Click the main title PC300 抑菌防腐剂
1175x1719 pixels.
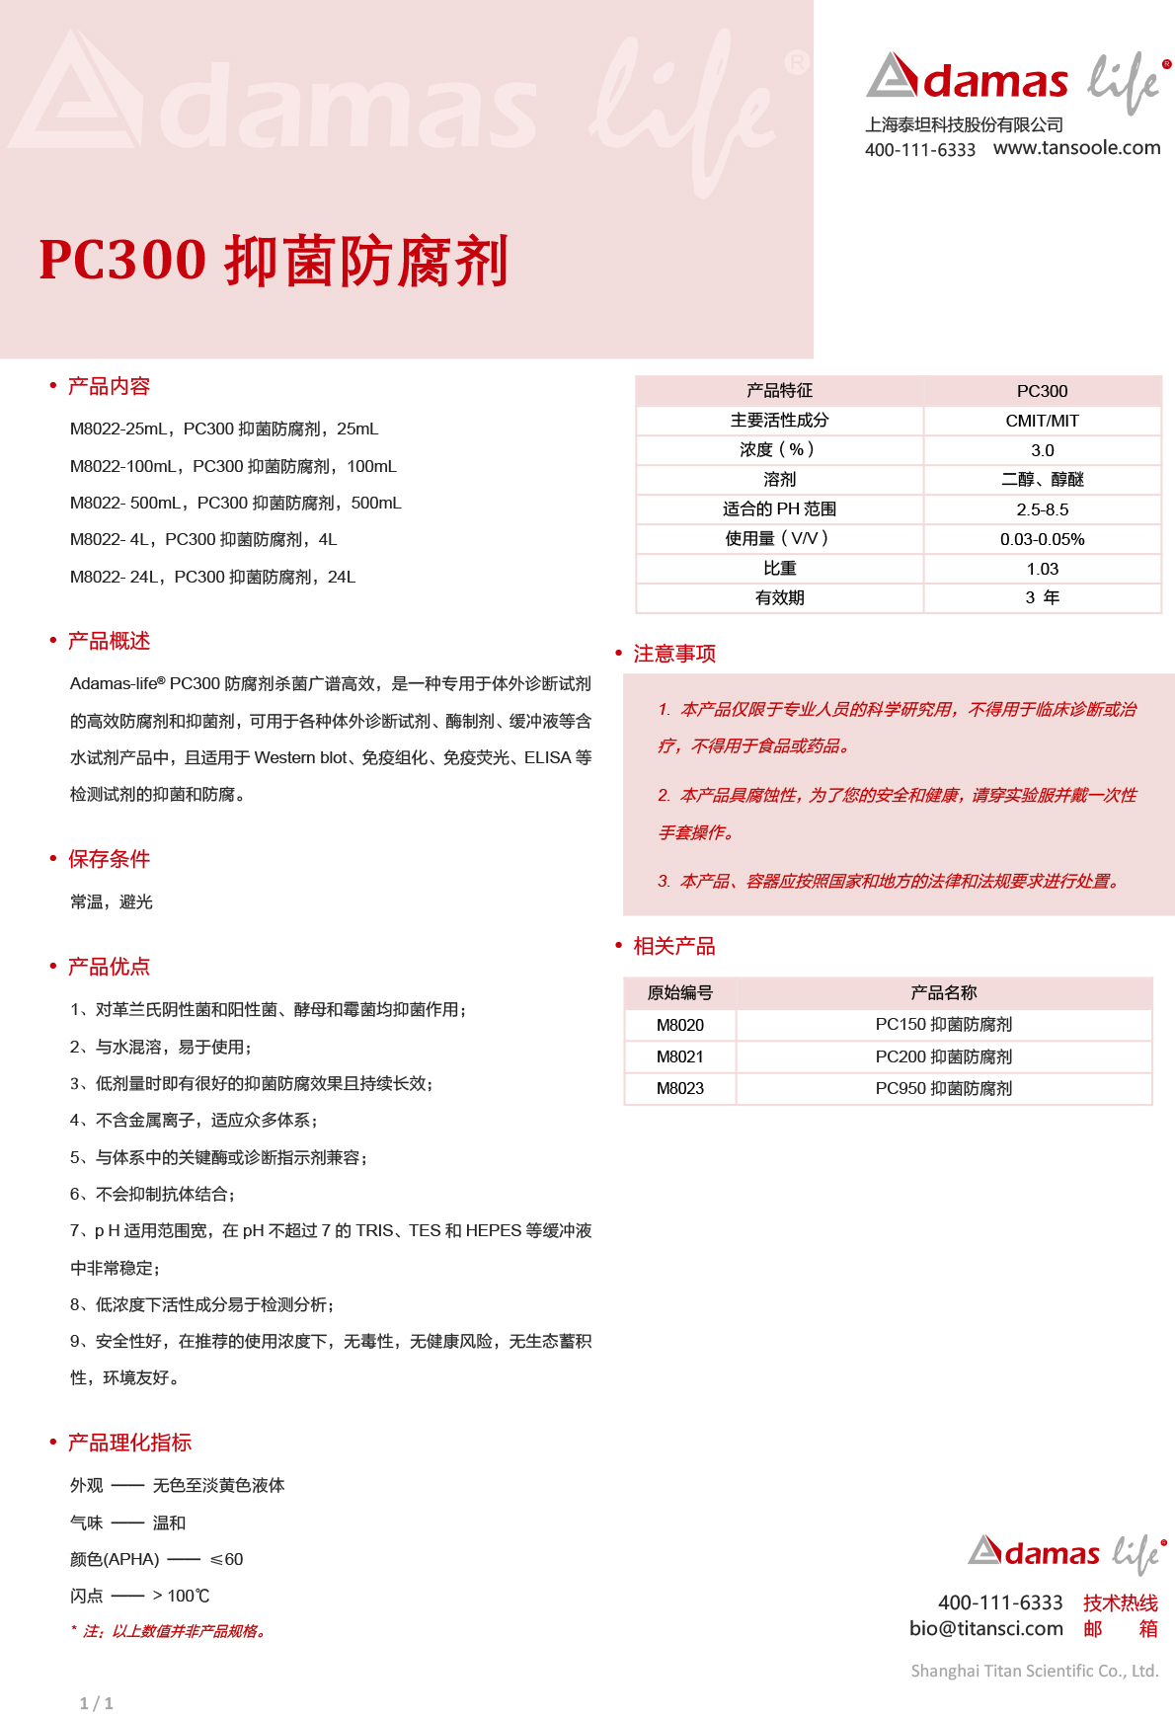[274, 261]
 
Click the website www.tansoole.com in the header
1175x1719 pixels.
[1076, 148]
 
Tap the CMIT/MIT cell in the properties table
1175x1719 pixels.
[1042, 421]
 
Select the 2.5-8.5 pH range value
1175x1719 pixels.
[1042, 509]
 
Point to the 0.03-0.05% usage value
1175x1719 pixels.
[1042, 539]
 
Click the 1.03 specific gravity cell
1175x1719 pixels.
[1042, 569]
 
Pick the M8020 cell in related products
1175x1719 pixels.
[679, 1025]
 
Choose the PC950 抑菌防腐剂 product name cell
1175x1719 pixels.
[943, 1088]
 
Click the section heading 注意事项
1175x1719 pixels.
[674, 654]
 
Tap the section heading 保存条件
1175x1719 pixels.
[109, 859]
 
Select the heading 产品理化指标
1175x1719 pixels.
[129, 1443]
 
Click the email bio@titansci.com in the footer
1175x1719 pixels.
[985, 1628]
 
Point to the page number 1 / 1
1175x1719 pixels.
[96, 1703]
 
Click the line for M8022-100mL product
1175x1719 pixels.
[233, 466]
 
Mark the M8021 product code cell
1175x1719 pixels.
[679, 1056]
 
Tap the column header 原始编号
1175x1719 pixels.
[679, 992]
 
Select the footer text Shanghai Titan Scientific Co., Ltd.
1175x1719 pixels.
[1033, 1671]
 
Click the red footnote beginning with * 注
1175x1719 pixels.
[168, 1631]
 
